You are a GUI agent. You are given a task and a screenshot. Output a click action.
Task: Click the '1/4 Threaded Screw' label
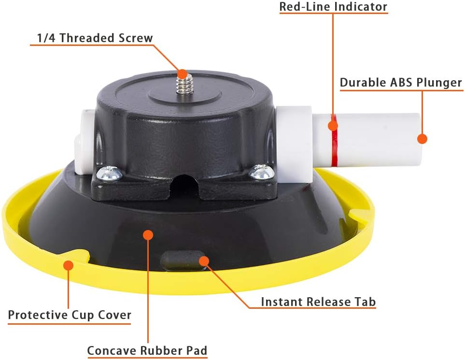pos(95,38)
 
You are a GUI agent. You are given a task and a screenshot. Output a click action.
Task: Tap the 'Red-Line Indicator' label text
pos(333,7)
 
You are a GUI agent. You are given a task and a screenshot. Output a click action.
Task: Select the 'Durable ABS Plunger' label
pos(401,83)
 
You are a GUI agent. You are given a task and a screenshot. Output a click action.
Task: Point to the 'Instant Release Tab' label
pos(318,302)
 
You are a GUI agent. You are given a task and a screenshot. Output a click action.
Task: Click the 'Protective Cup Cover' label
pos(70,315)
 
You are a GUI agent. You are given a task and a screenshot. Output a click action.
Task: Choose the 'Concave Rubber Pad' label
pos(147,350)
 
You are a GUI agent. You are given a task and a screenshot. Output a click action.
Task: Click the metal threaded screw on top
pos(183,83)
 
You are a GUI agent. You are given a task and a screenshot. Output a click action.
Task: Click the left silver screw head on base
pos(109,173)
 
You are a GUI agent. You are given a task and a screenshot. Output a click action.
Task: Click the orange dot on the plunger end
pos(422,139)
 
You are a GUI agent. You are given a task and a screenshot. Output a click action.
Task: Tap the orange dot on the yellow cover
pos(69,265)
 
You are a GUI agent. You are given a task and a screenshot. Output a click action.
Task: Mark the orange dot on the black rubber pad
pos(148,235)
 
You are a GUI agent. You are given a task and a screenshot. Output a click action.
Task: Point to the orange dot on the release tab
pos(204,261)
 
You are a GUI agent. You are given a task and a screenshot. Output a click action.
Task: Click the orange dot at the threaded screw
pos(183,74)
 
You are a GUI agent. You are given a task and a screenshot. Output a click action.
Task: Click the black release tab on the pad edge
pos(183,260)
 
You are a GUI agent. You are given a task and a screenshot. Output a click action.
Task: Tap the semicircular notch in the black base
pos(183,184)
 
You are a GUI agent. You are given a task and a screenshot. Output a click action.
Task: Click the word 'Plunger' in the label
pos(439,83)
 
